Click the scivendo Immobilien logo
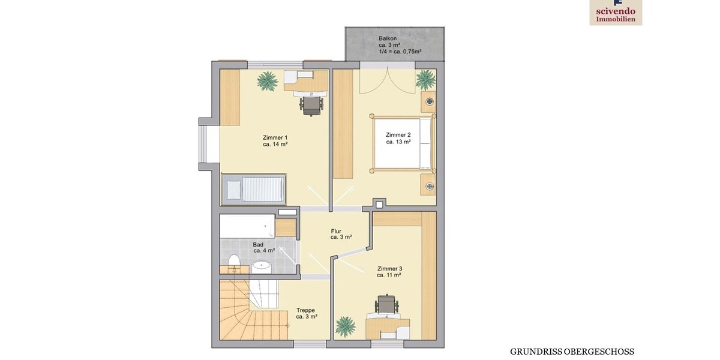click(x=616, y=12)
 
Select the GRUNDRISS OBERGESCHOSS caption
click(x=572, y=352)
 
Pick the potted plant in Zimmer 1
click(x=268, y=80)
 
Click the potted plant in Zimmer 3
click(x=345, y=326)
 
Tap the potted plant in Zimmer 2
click(x=425, y=79)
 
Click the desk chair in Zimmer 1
click(x=311, y=105)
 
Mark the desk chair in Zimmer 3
click(x=387, y=304)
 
